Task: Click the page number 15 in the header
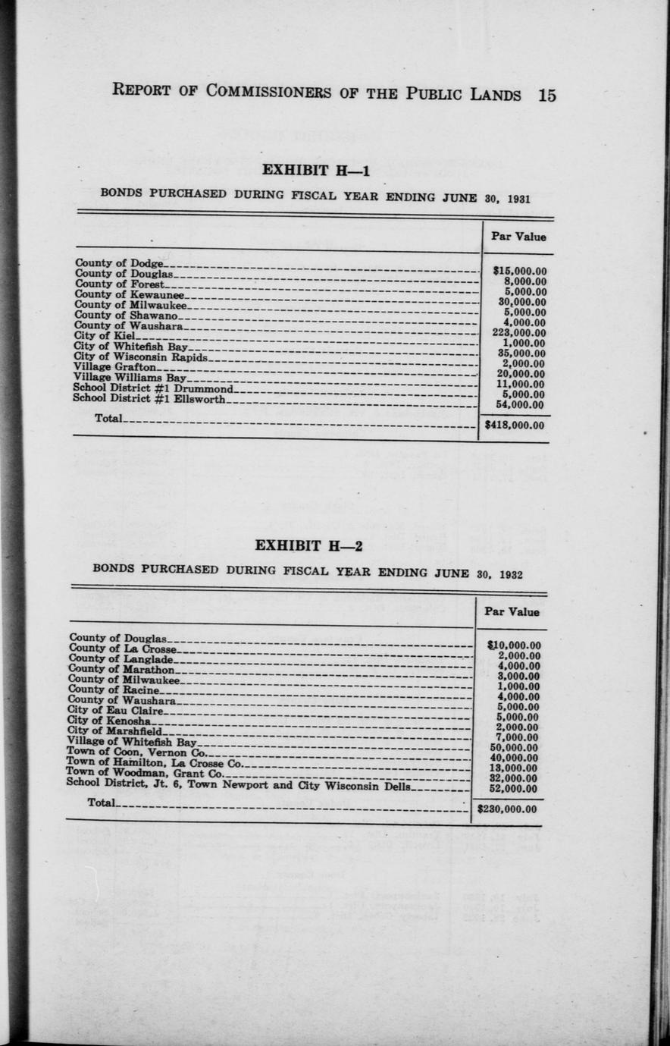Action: tap(546, 95)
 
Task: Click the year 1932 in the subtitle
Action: tap(510, 574)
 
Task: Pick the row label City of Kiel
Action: tap(104, 335)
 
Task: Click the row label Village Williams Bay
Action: tap(130, 377)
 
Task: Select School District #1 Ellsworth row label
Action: tap(149, 398)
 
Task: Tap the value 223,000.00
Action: tap(519, 332)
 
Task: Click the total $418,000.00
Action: tap(515, 426)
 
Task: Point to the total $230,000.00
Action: tap(508, 809)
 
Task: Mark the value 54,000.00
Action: tap(519, 404)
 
